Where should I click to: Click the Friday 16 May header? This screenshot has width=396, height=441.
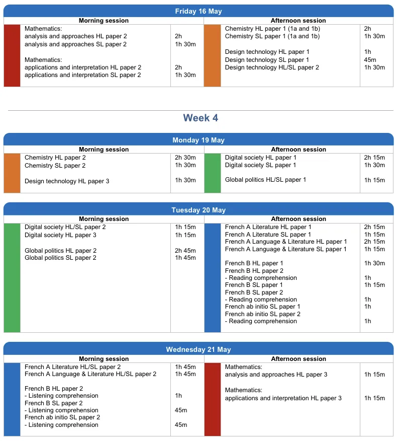(x=198, y=11)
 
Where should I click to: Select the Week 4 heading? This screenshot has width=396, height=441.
(x=201, y=118)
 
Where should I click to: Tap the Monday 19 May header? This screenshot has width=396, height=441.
(x=198, y=140)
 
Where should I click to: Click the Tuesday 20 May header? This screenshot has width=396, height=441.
(x=198, y=210)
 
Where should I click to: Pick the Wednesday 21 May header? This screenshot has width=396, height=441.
(x=198, y=349)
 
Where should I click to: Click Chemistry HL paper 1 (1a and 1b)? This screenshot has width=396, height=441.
(x=272, y=29)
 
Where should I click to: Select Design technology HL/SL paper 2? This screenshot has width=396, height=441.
(x=272, y=67)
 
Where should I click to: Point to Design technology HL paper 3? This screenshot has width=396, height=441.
(x=67, y=181)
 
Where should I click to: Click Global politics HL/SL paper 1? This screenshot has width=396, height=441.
(x=265, y=180)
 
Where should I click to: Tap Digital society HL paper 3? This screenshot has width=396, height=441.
(x=60, y=235)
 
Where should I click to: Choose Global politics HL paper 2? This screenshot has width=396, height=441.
(x=60, y=251)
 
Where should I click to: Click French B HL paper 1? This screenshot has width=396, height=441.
(x=254, y=263)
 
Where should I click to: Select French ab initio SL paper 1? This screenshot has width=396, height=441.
(x=262, y=307)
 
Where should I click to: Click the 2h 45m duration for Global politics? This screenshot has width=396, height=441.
(x=185, y=251)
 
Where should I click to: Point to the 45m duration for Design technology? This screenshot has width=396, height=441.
(x=370, y=60)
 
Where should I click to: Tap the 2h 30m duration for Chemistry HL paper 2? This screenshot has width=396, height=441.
(x=185, y=158)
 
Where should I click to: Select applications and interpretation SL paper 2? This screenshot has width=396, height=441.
(x=82, y=75)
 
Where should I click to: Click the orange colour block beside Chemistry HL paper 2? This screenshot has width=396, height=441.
(x=12, y=173)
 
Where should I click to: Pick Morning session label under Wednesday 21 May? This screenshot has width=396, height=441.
(x=104, y=359)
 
